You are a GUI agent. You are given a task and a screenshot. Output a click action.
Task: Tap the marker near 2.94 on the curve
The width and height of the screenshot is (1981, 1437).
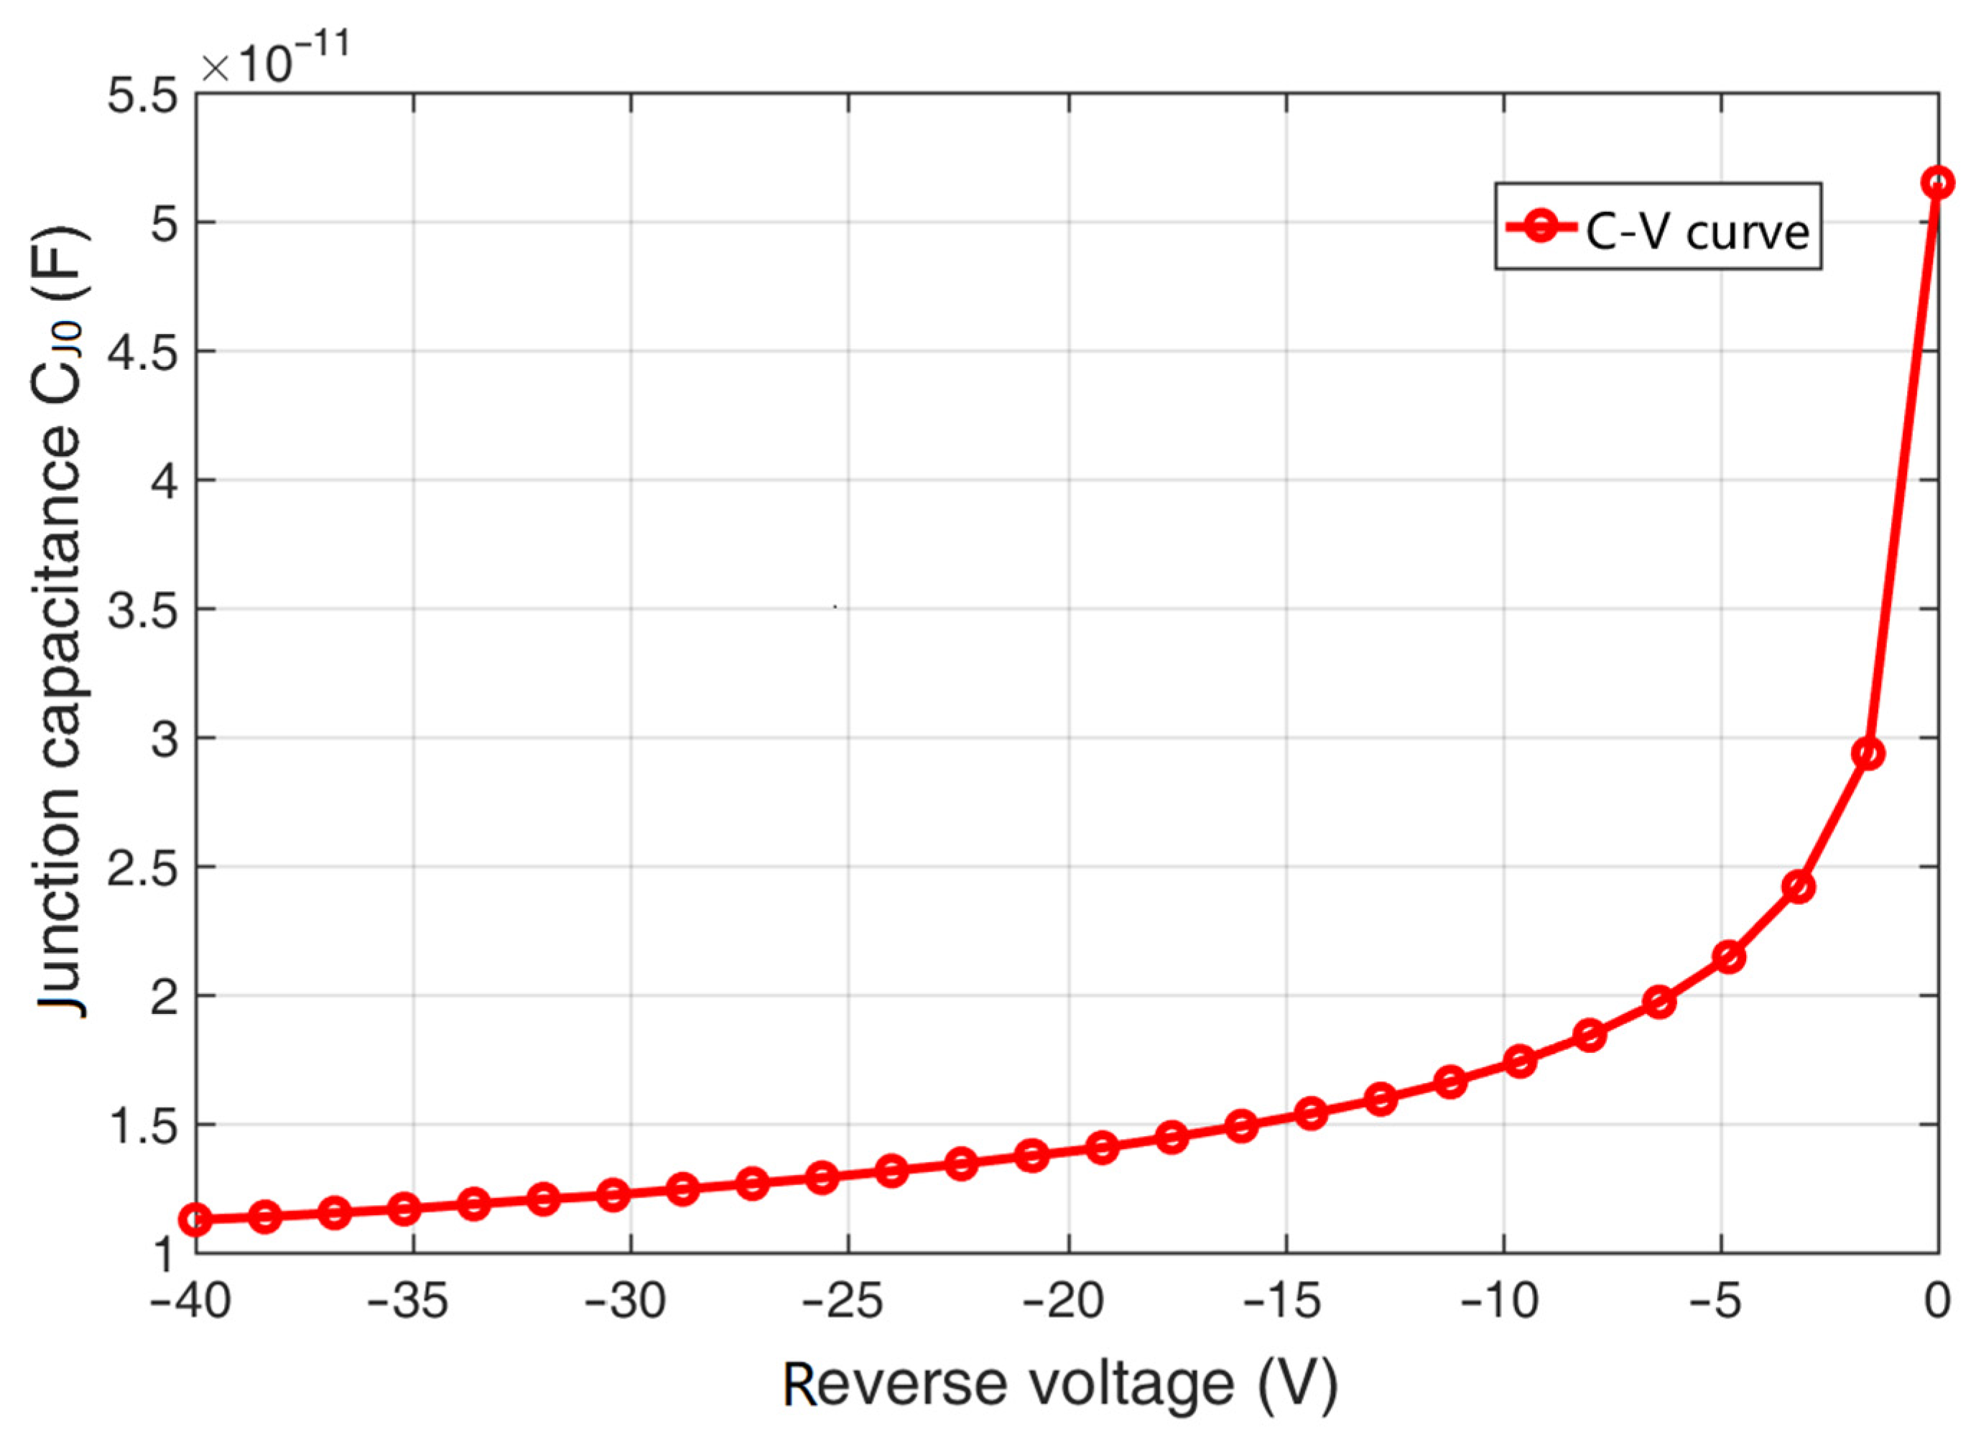tap(1868, 754)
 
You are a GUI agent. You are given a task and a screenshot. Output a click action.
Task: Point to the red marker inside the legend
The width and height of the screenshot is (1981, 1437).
tap(1544, 227)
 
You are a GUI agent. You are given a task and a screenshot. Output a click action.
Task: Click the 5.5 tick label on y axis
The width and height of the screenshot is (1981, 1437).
tap(141, 96)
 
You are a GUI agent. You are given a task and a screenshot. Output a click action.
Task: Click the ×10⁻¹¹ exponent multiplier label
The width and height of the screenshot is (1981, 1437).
tap(274, 61)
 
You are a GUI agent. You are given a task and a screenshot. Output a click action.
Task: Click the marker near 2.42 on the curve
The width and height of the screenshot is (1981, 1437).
tap(1799, 888)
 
